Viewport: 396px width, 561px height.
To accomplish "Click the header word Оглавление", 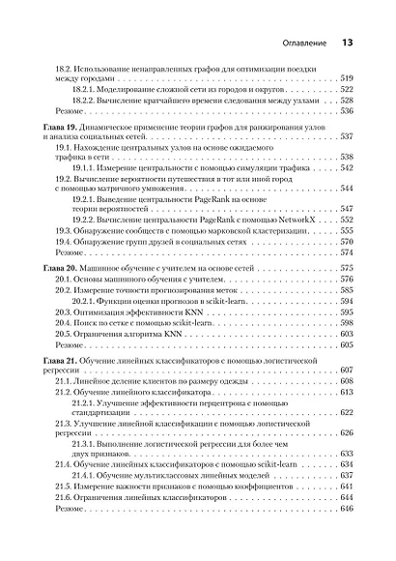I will click(x=299, y=44).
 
